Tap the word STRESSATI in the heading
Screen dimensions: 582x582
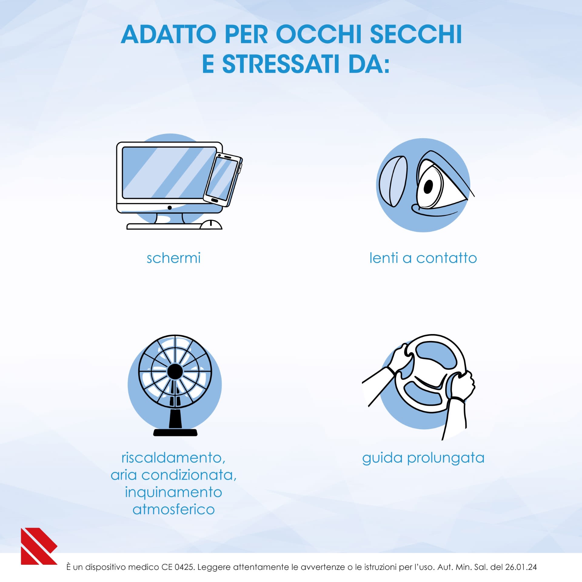pos(281,64)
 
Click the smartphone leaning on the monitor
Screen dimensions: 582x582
pos(223,180)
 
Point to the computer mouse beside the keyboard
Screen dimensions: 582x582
pos(211,225)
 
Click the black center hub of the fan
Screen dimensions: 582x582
pos(175,371)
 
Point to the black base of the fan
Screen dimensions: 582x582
pos(175,432)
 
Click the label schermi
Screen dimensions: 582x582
pos(173,258)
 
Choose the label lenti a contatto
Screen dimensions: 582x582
pos(423,258)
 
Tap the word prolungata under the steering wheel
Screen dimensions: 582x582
pos(446,458)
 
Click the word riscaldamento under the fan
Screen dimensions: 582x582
pos(173,458)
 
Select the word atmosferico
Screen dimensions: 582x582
pos(174,510)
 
